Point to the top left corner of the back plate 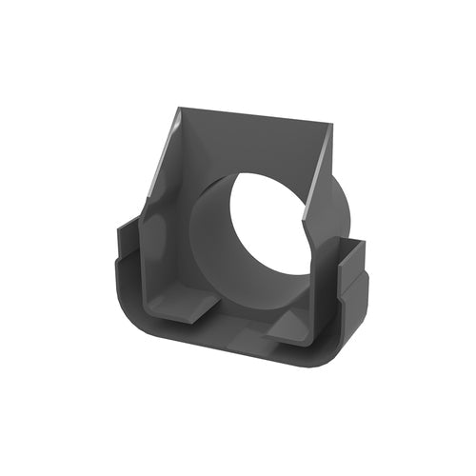point(180,109)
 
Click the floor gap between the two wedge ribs point(238,319)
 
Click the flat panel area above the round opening point(252,143)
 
